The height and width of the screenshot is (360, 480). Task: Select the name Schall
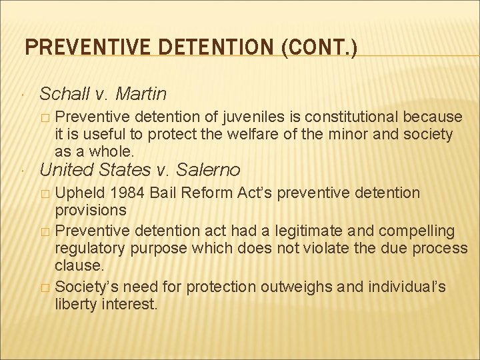point(65,93)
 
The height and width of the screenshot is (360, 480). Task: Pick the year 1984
point(126,193)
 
